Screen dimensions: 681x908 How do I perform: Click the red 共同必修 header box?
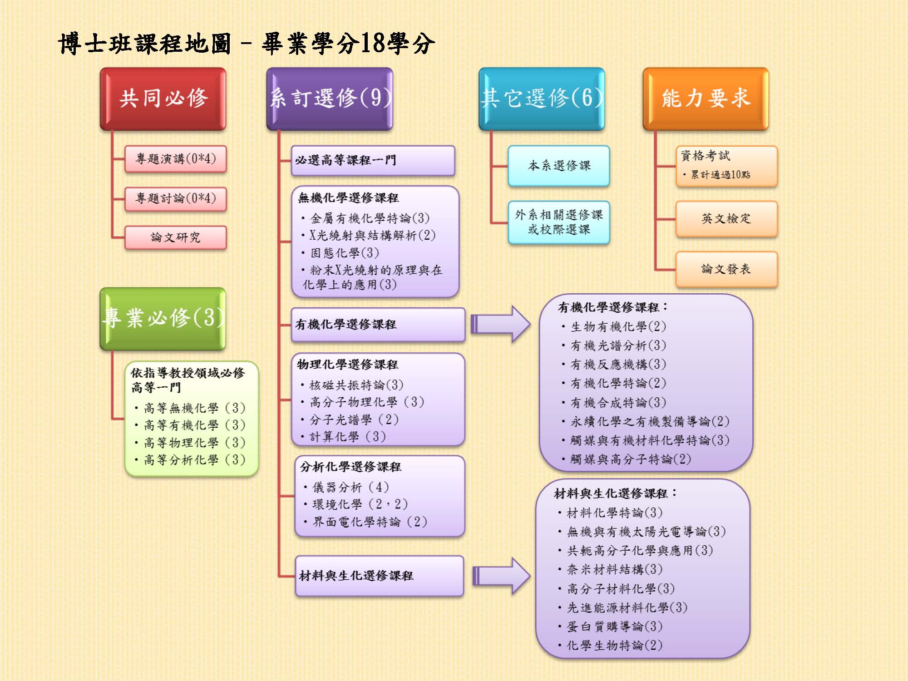(x=163, y=99)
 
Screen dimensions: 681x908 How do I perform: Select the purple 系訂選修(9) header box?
(x=330, y=99)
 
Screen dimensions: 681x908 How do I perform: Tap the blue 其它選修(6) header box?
(x=542, y=99)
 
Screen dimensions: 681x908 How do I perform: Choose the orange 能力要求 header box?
(x=706, y=99)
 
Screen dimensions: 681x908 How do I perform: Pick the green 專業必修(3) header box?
(x=163, y=318)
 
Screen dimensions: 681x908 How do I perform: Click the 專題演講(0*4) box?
(x=176, y=159)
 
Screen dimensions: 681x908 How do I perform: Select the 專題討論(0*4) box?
(x=176, y=198)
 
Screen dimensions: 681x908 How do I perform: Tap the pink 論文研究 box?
(x=176, y=237)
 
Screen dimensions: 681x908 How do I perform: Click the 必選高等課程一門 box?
(x=373, y=160)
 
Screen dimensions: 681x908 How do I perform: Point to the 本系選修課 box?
(x=559, y=166)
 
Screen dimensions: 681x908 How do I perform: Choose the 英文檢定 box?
(x=726, y=219)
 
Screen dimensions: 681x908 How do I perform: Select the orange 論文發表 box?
(x=726, y=269)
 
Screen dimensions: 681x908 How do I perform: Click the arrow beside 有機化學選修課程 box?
(x=500, y=324)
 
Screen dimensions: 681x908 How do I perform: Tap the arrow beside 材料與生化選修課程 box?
(x=501, y=576)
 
